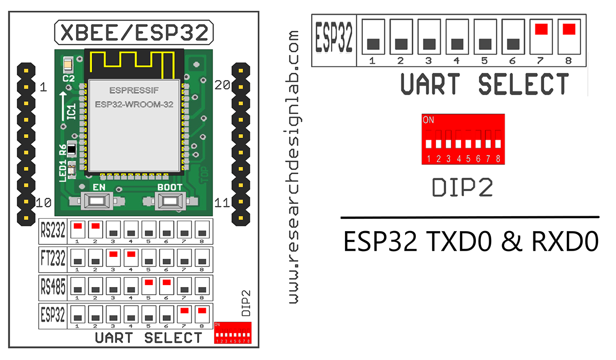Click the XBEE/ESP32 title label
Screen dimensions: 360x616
click(x=134, y=32)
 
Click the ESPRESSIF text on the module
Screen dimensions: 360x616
click(x=134, y=90)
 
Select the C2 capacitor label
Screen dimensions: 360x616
click(x=68, y=78)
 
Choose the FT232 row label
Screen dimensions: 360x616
click(x=53, y=259)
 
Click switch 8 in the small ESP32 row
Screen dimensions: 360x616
click(x=202, y=314)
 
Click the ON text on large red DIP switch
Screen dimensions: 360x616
click(x=428, y=120)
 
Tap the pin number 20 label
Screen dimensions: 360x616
click(x=222, y=87)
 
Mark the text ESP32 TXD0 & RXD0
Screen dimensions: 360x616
click(x=471, y=242)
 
